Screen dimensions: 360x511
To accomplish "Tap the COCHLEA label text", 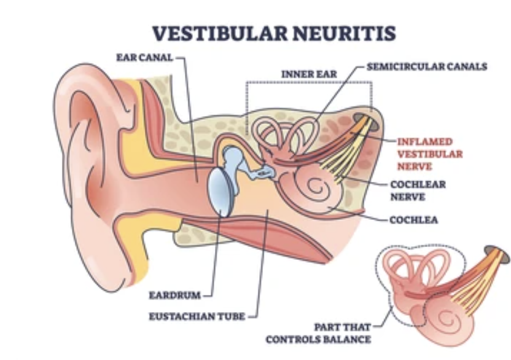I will [x=413, y=220].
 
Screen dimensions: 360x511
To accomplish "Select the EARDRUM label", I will [x=174, y=295].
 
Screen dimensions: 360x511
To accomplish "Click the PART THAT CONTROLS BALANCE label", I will [x=335, y=333].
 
